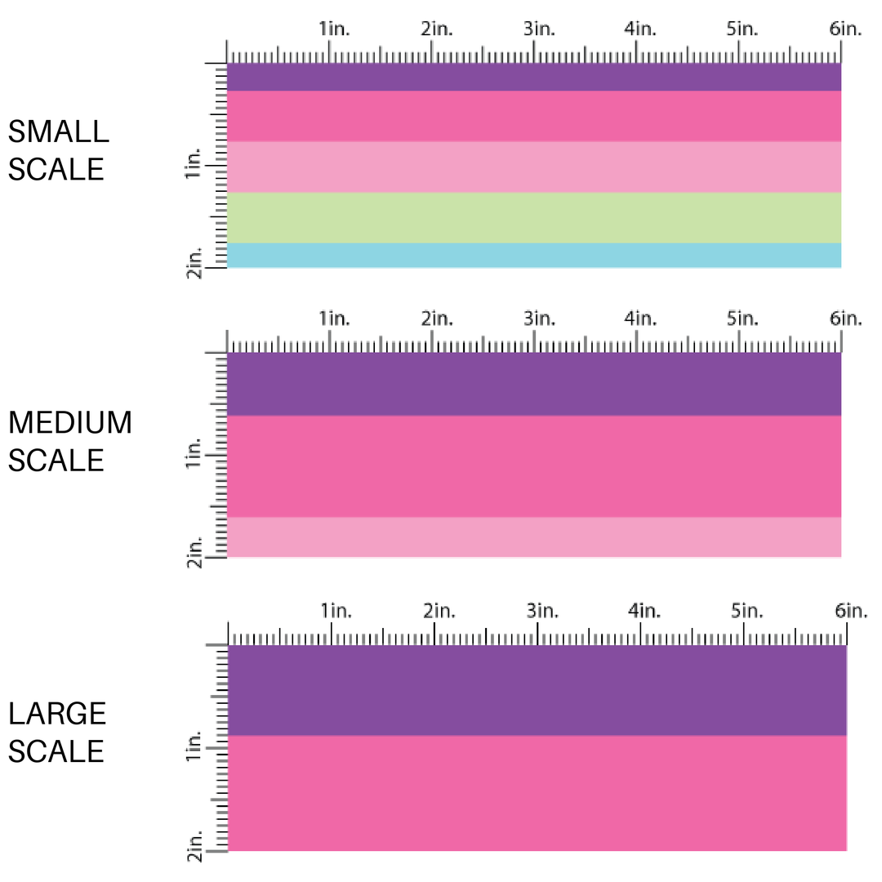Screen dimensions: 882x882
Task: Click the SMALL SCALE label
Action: (56, 150)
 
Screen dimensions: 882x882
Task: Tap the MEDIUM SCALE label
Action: (69, 442)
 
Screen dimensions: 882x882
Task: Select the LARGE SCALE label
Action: (57, 732)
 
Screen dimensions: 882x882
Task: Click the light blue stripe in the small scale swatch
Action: (533, 256)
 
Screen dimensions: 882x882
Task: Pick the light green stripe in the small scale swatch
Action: (533, 218)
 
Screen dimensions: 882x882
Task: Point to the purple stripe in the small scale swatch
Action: (533, 78)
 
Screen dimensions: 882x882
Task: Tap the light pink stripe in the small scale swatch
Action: (533, 167)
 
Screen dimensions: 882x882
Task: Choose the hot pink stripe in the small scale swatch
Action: (533, 116)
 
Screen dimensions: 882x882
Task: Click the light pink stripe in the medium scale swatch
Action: (533, 537)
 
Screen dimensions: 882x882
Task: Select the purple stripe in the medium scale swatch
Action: (533, 384)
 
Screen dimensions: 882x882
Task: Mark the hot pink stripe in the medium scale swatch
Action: (533, 466)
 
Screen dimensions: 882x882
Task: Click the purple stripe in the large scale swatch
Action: (537, 690)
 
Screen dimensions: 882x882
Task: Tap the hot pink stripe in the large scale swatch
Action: (537, 793)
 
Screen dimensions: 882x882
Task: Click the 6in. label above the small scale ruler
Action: (845, 29)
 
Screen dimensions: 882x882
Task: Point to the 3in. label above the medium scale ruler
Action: (539, 318)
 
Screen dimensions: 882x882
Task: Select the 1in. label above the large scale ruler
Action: (336, 610)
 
